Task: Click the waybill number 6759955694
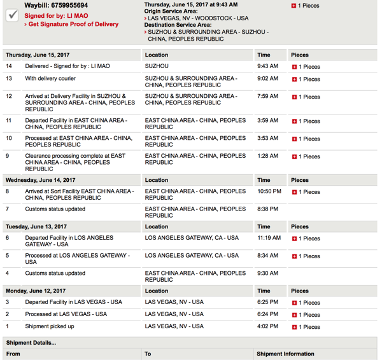(66, 6)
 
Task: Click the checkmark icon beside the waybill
(11, 15)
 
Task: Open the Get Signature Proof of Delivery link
(73, 24)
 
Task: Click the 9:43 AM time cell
(267, 66)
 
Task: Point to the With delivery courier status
(50, 79)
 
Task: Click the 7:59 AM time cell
(267, 97)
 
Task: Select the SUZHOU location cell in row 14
(157, 66)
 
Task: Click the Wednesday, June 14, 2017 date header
(41, 180)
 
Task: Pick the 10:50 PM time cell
(269, 191)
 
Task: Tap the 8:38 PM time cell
(267, 209)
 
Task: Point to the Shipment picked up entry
(50, 326)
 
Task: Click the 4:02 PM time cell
(267, 326)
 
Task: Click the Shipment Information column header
(285, 354)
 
